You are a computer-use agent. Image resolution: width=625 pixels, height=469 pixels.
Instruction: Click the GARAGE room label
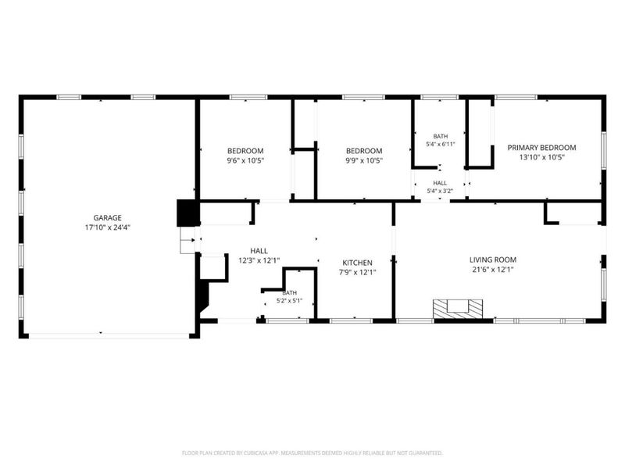coord(107,218)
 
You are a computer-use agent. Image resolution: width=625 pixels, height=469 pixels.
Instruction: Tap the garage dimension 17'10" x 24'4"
coord(108,227)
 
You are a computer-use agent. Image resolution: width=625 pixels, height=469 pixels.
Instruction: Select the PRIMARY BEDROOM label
coord(541,148)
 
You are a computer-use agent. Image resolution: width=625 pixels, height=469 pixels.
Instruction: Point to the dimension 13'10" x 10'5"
coord(541,158)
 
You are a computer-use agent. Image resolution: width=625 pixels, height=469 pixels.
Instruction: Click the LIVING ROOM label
coord(493,260)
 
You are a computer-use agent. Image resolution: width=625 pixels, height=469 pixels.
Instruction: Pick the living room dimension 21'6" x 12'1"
coord(493,270)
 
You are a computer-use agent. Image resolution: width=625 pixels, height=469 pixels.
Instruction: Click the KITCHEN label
coord(358,263)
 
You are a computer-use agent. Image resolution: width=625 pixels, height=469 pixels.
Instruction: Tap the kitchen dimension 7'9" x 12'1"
coord(358,273)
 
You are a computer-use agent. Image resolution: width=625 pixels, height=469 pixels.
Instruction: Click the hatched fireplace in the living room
coord(458,309)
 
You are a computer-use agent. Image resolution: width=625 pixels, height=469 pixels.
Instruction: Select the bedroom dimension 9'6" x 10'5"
coord(245,161)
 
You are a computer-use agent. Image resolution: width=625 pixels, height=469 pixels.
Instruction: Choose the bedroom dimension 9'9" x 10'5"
coord(364,161)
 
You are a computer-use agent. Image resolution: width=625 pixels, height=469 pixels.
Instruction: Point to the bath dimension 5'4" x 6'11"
coord(441,145)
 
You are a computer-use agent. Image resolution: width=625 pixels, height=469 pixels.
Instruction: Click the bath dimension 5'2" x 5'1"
coord(289,301)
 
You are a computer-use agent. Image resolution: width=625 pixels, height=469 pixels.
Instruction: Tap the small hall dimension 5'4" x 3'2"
coord(440,191)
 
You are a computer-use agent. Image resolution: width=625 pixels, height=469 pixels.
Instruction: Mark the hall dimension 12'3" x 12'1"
coord(259,261)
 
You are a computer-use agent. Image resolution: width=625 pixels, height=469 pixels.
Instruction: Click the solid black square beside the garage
coord(187,213)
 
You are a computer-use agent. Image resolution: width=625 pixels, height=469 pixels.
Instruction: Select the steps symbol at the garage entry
coord(187,241)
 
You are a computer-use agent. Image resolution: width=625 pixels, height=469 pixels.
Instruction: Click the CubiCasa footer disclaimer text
coord(312,453)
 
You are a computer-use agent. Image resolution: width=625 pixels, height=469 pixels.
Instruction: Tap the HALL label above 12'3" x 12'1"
coord(259,251)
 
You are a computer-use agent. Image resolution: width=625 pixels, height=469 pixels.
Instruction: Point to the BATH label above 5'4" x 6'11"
coord(441,136)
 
